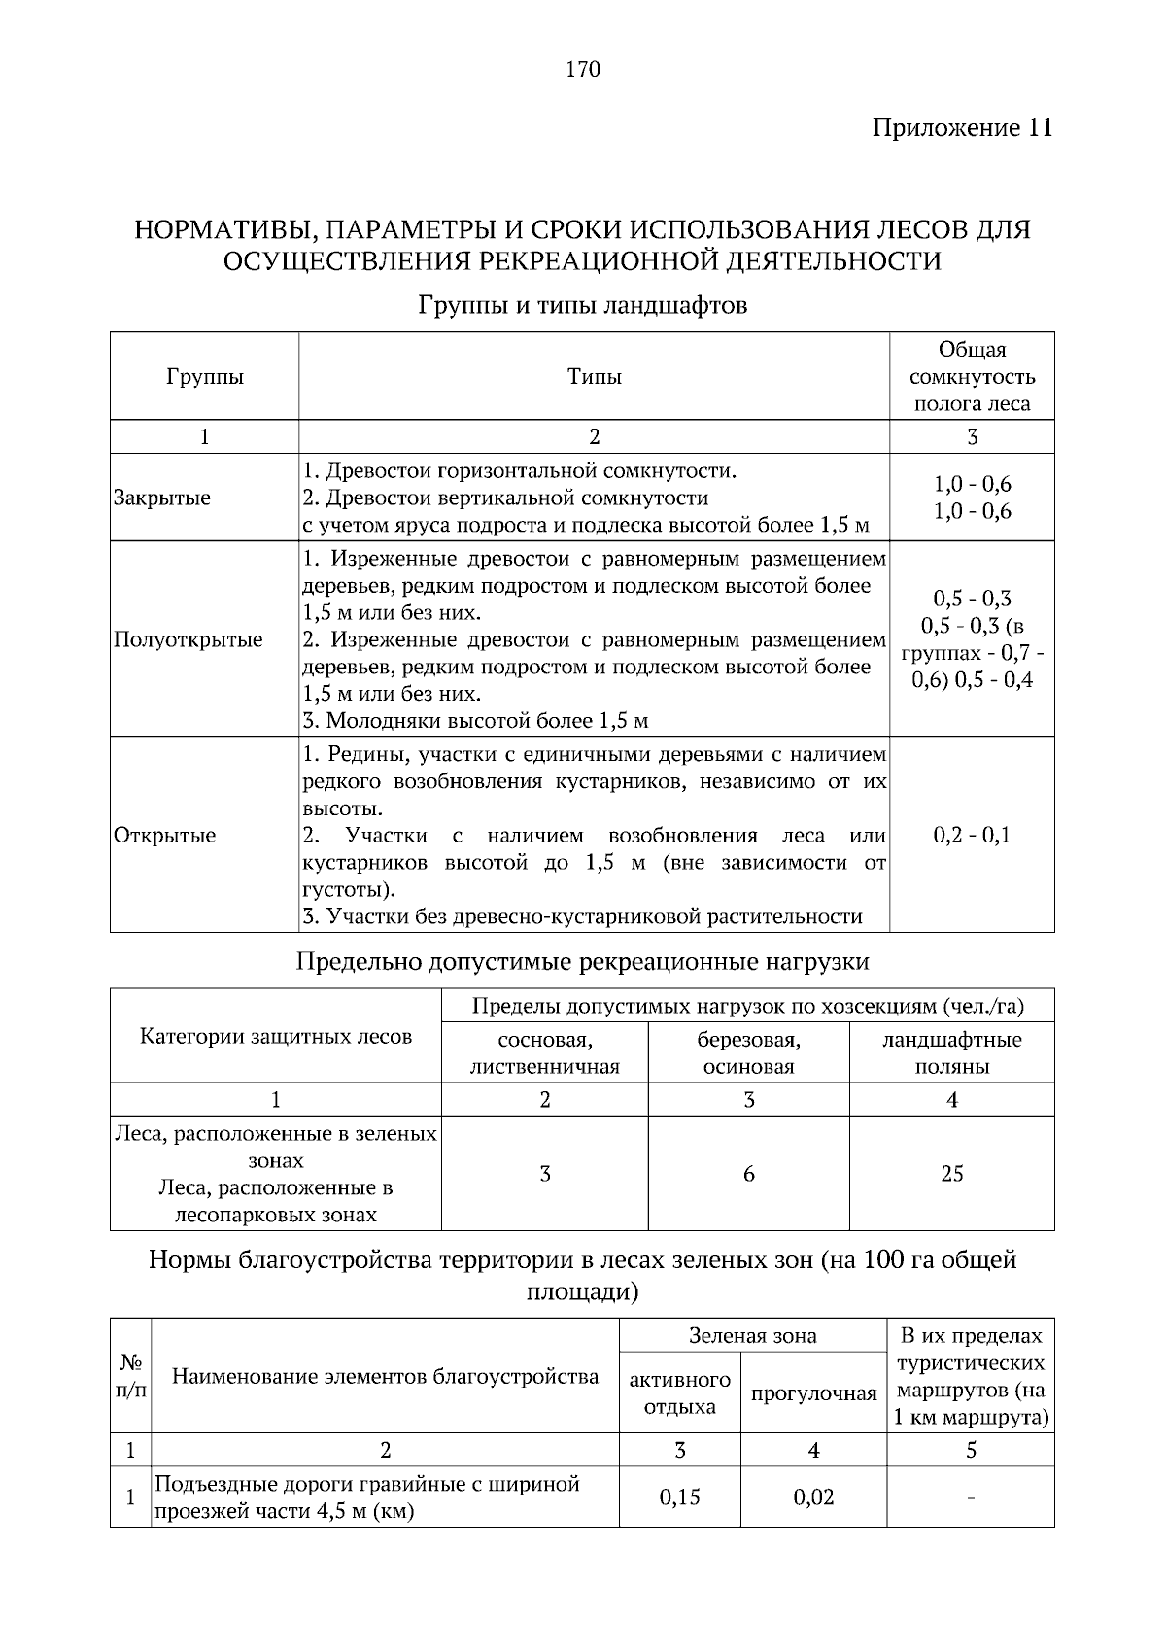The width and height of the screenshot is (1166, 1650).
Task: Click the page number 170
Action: (582, 69)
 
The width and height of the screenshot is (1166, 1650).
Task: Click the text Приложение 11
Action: (962, 128)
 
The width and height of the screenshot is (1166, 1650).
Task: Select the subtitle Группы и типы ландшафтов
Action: (582, 305)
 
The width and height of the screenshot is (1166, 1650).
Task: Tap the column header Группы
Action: (204, 377)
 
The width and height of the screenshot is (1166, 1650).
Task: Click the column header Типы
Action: (594, 377)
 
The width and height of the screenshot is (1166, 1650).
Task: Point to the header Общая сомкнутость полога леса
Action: (972, 377)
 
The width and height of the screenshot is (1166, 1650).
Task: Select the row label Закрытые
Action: (162, 498)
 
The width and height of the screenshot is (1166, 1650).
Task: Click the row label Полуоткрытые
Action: (189, 639)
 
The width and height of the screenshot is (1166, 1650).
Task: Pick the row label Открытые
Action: (165, 836)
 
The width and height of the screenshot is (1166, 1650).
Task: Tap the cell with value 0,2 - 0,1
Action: (972, 836)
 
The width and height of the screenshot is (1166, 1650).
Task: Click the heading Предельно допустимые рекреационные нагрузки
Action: (582, 962)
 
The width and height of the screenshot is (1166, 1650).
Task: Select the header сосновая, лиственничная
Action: (544, 1053)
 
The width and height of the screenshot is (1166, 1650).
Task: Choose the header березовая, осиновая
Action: (748, 1053)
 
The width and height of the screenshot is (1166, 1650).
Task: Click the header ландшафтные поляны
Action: (951, 1053)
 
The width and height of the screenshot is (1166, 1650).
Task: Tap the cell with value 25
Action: (951, 1174)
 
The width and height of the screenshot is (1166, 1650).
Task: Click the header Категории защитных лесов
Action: (276, 1037)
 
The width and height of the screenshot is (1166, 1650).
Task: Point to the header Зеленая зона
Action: (752, 1336)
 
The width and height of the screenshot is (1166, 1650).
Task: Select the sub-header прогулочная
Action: (813, 1393)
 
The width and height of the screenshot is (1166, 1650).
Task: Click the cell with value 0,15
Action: (679, 1497)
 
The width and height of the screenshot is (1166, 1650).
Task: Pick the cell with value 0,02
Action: (813, 1497)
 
